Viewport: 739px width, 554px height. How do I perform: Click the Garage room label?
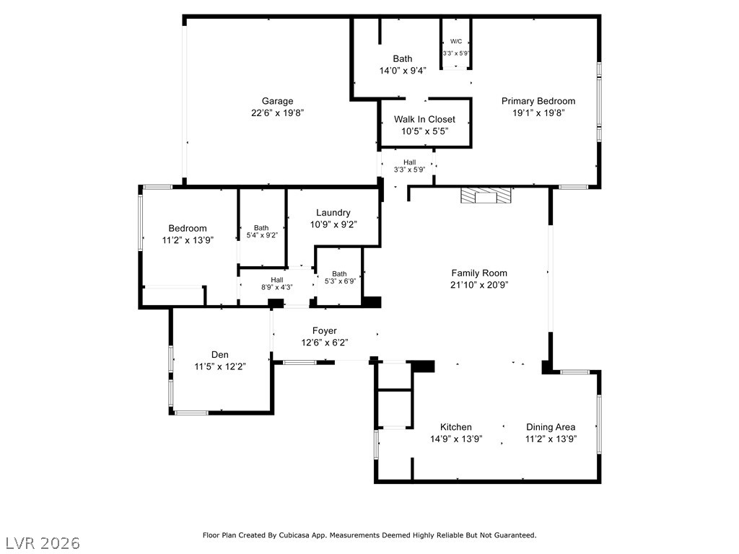[x=277, y=101]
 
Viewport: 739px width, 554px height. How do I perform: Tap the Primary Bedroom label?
[x=538, y=101]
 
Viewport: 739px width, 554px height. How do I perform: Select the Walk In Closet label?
[x=424, y=119]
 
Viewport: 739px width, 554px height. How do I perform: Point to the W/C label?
[x=456, y=42]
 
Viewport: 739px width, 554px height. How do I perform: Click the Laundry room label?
[x=333, y=212]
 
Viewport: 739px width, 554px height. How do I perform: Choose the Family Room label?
[x=479, y=273]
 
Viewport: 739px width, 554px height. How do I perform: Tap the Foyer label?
[x=325, y=330]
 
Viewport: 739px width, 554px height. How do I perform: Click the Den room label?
[x=220, y=354]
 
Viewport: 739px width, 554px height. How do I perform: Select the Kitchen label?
[x=456, y=427]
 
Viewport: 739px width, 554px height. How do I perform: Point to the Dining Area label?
[x=551, y=427]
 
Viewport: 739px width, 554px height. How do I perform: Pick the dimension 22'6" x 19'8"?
[x=277, y=113]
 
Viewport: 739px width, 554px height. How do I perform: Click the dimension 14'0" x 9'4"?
[x=403, y=71]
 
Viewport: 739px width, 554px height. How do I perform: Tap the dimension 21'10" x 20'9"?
[x=479, y=285]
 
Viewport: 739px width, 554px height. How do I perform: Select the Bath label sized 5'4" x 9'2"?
[x=261, y=228]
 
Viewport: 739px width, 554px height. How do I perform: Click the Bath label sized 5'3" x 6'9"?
[x=339, y=273]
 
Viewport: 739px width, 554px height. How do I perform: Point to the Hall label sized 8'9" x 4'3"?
[x=277, y=280]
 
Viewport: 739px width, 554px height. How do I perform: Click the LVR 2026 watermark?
[x=43, y=542]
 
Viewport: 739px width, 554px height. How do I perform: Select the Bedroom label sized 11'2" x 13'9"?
[x=188, y=228]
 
